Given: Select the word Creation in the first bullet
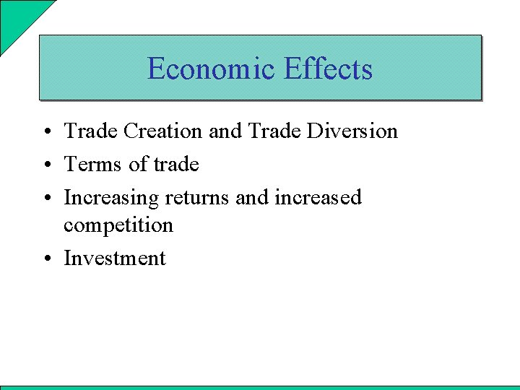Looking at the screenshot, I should [x=163, y=131].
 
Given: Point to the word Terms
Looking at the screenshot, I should [x=92, y=165].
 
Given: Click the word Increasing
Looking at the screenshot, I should [x=111, y=198].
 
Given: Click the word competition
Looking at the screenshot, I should [x=118, y=225].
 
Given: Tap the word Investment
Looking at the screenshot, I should [x=115, y=259].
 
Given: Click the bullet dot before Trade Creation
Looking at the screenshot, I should [x=45, y=132].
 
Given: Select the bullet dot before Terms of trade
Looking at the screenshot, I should [x=45, y=165].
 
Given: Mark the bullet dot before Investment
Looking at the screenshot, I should [x=45, y=259].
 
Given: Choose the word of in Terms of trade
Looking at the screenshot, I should [x=137, y=165].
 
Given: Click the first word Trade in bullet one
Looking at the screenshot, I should [x=91, y=131].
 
